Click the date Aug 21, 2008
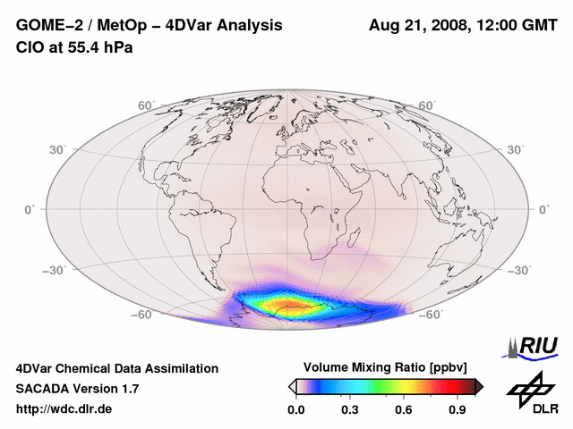(x=418, y=25)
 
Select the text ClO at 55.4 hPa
(x=74, y=46)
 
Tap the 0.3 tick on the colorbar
(x=350, y=410)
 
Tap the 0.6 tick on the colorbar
(x=405, y=410)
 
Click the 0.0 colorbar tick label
(x=295, y=410)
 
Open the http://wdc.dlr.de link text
(x=64, y=409)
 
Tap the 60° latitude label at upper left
(x=146, y=105)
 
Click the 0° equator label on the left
(x=29, y=209)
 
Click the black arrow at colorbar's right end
(x=480, y=386)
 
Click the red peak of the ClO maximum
(x=292, y=307)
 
